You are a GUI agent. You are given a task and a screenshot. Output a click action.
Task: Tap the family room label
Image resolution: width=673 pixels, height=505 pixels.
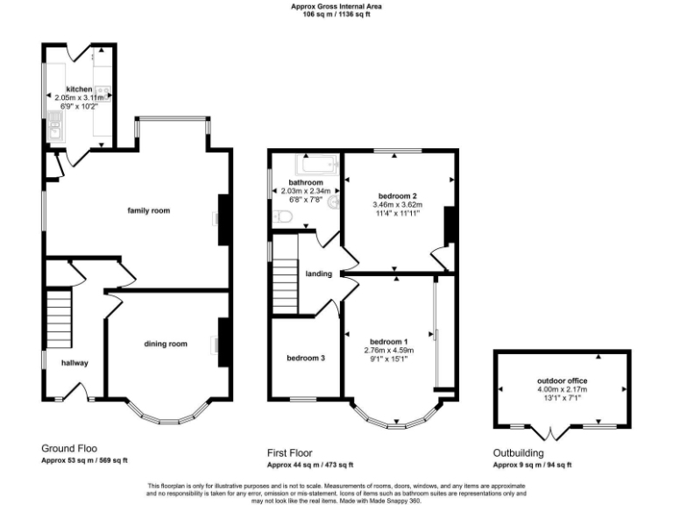(x=148, y=210)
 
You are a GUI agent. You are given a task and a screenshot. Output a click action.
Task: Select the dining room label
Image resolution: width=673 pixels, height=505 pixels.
(x=166, y=344)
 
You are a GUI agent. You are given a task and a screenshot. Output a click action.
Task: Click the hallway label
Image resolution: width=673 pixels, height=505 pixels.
(x=74, y=362)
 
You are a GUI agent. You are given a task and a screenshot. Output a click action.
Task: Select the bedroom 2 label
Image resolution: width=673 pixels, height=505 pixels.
(x=396, y=196)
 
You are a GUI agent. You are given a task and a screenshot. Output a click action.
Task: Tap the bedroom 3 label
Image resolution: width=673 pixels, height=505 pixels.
(x=305, y=358)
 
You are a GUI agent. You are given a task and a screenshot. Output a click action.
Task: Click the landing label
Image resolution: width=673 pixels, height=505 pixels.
(x=318, y=274)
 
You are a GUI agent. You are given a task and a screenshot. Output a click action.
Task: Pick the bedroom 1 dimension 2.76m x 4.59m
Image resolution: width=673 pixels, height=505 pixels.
(x=389, y=350)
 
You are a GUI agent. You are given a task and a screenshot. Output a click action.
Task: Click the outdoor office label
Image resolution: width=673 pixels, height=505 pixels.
(x=562, y=381)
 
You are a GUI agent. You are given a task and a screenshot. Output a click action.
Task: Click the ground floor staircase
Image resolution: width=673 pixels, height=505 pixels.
(x=58, y=321)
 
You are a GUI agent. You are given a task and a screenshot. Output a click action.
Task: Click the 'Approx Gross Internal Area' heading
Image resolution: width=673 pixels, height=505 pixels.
(x=336, y=6)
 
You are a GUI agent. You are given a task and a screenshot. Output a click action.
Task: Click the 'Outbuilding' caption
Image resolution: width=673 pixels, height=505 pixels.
(x=518, y=452)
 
